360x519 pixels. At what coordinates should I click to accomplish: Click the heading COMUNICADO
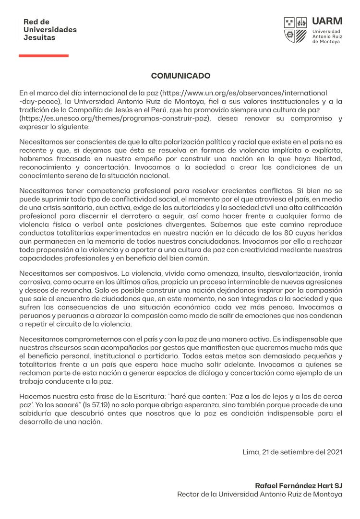(180, 76)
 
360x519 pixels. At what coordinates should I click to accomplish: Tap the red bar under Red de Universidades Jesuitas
(44, 56)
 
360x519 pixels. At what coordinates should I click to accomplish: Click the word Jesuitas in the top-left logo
(39, 37)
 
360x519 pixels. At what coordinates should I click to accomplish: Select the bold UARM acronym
(327, 21)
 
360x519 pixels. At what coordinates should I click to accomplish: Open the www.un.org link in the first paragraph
(243, 93)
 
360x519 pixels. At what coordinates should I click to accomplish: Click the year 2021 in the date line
(334, 452)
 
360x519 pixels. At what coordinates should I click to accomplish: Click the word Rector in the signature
(188, 494)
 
